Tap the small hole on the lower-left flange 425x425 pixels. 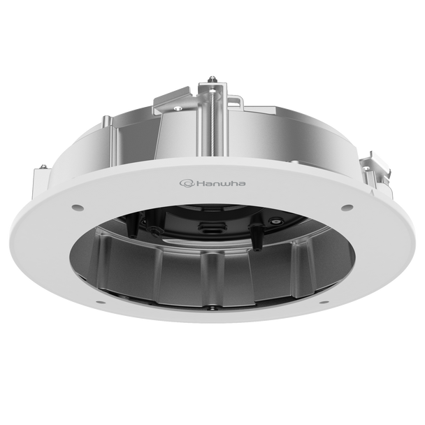pyautogui.click(x=102, y=301)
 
